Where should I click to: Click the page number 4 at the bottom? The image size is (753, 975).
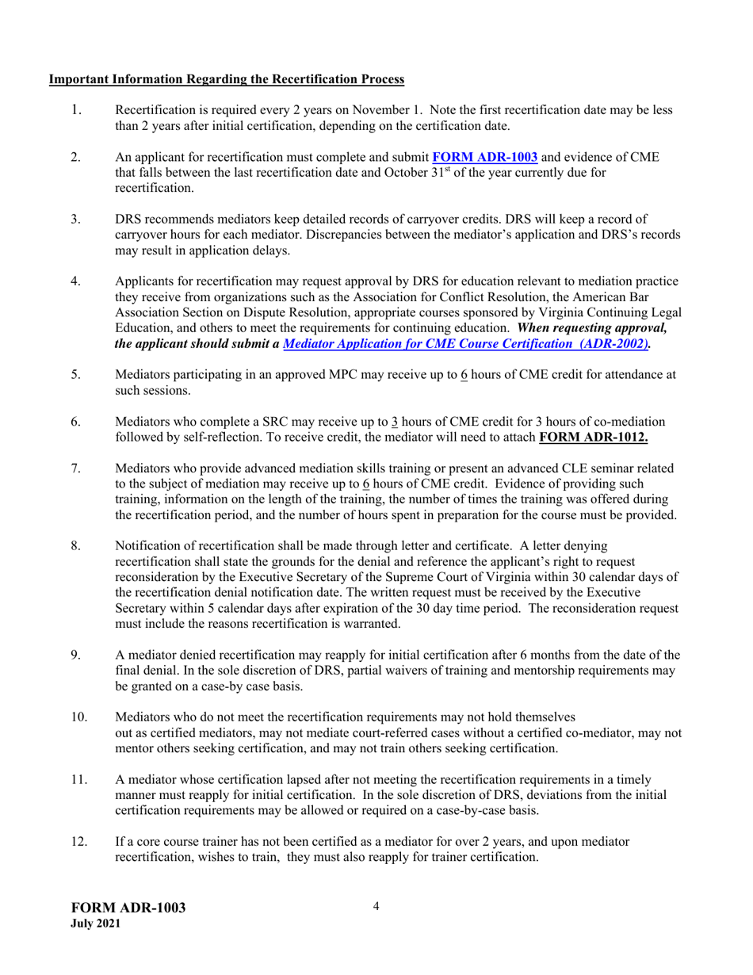(x=376, y=905)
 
